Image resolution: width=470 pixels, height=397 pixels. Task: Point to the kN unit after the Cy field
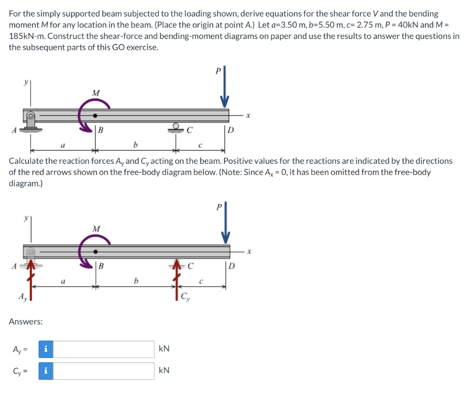click(164, 370)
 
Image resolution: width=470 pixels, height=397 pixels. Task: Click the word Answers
click(26, 322)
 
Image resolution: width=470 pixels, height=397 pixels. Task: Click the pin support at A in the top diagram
click(31, 121)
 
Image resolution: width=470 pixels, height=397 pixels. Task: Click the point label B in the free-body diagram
click(101, 266)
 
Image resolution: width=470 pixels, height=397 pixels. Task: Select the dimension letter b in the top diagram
click(135, 145)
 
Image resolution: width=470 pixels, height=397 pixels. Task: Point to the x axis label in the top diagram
click(248, 116)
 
